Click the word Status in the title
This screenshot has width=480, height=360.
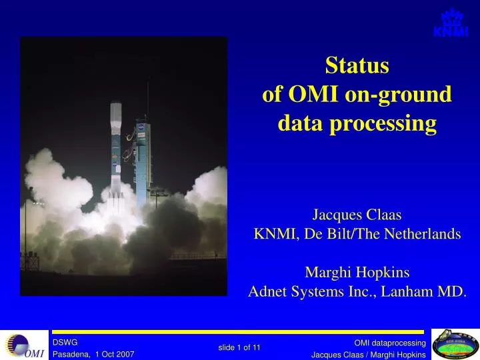tap(357, 65)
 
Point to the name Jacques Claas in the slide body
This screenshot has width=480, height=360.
tap(357, 215)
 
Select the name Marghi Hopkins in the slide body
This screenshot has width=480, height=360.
tap(357, 272)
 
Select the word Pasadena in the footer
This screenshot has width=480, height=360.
tap(71, 355)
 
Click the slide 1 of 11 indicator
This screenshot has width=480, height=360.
tap(239, 347)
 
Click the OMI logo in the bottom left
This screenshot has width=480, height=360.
tap(23, 345)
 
